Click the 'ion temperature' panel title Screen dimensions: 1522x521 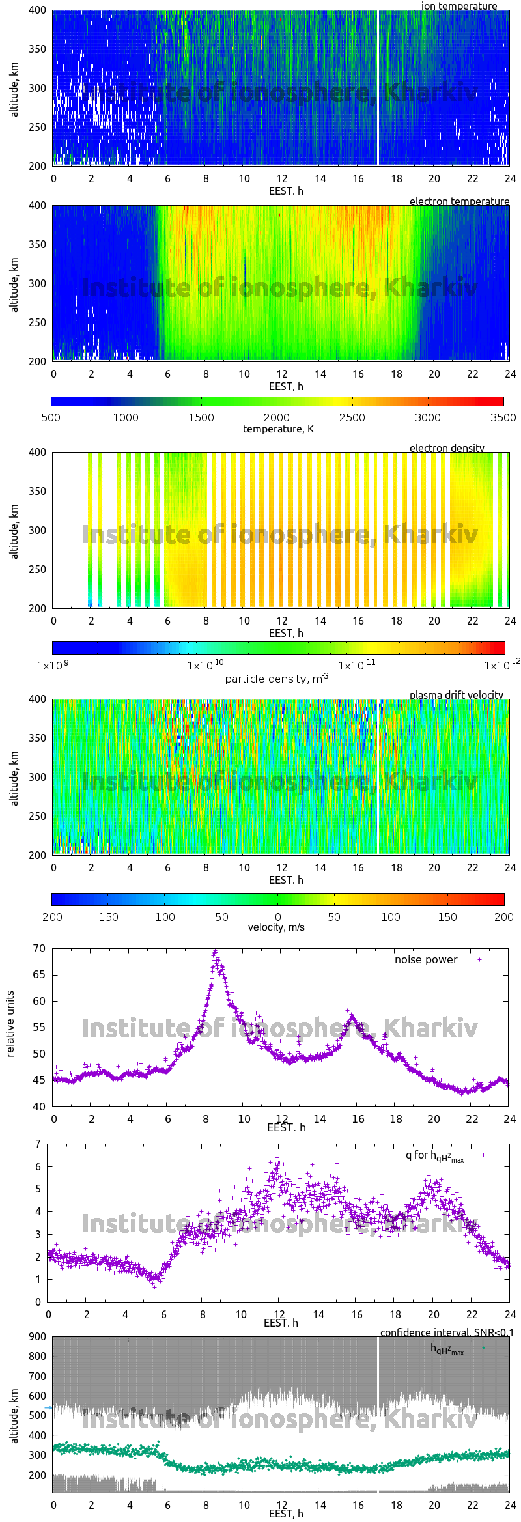tap(458, 6)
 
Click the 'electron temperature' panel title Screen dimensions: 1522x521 tap(459, 201)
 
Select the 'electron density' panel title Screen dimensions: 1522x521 tap(447, 448)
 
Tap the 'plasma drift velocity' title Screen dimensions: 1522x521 tap(456, 695)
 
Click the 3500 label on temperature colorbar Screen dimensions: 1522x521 tap(503, 417)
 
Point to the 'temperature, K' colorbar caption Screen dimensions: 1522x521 tap(278, 429)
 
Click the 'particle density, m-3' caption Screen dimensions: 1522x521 tap(277, 678)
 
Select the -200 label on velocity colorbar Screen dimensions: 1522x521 tap(51, 917)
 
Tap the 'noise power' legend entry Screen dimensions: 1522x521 tap(426, 959)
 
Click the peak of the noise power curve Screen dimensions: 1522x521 tap(216, 952)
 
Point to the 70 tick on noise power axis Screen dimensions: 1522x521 tap(39, 948)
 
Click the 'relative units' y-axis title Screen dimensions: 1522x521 tap(10, 1024)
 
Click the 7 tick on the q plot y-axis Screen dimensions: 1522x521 tap(38, 1144)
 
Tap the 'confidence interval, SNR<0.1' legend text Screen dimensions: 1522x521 tap(447, 1332)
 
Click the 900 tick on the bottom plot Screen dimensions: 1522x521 tap(38, 1336)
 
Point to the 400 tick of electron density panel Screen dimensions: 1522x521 tap(38, 452)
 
